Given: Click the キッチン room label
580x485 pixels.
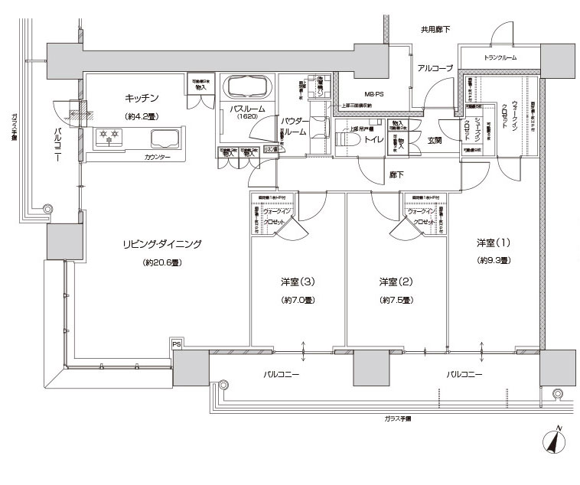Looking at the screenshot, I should pos(142,97).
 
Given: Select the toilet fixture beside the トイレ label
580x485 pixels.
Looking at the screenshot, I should pos(343,139).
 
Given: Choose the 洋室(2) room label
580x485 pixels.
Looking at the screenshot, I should pos(396,282).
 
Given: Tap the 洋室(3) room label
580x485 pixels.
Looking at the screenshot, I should pos(293,282).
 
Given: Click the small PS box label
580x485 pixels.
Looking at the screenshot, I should pos(177,344).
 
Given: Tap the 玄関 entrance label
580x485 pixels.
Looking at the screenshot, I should pos(435,141).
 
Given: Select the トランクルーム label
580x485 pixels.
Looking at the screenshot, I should pos(500,58).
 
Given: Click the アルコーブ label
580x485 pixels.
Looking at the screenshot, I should pos(435,68).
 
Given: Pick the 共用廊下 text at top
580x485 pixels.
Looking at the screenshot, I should pos(435,30).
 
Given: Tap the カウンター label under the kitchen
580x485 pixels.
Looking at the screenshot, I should pos(157,158).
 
